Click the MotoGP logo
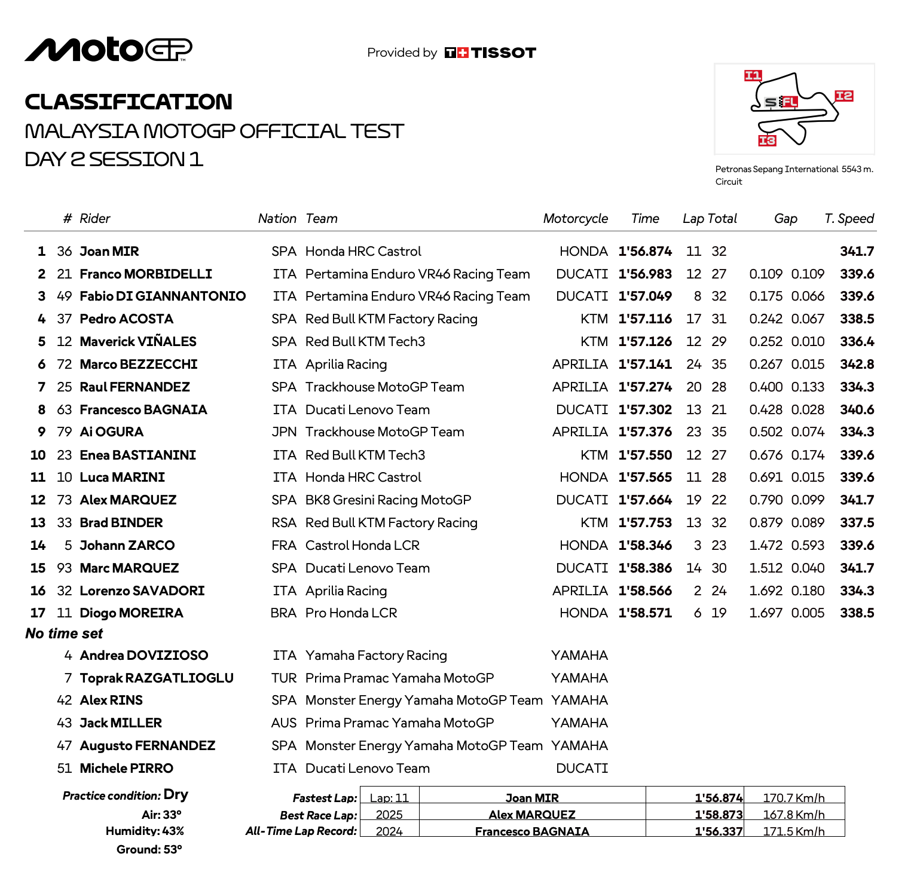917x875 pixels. pyautogui.click(x=108, y=50)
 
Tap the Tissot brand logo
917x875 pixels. pyautogui.click(x=490, y=53)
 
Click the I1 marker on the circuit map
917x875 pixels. pyautogui.click(x=753, y=75)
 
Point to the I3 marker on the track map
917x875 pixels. pyautogui.click(x=767, y=140)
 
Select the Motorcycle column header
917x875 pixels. pyautogui.click(x=575, y=219)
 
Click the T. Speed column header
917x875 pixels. pyautogui.click(x=849, y=219)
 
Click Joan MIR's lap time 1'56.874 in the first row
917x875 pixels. pyautogui.click(x=645, y=252)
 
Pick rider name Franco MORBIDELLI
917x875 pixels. pyautogui.click(x=146, y=274)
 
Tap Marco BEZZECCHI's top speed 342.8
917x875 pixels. pyautogui.click(x=857, y=365)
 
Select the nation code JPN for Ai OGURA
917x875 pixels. pyautogui.click(x=284, y=432)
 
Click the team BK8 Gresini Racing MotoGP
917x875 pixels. pyautogui.click(x=388, y=500)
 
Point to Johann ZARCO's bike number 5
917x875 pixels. pyautogui.click(x=68, y=546)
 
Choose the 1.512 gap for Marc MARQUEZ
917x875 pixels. pyautogui.click(x=766, y=568)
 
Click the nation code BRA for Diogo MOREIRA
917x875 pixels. pyautogui.click(x=283, y=613)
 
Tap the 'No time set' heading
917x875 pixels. pyautogui.click(x=64, y=634)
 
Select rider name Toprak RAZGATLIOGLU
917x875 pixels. pyautogui.click(x=157, y=678)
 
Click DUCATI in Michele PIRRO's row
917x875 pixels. pyautogui.click(x=582, y=769)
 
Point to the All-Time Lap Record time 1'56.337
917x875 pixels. pyautogui.click(x=719, y=831)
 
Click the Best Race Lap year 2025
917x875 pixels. pyautogui.click(x=389, y=815)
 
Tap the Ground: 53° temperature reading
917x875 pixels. pyautogui.click(x=149, y=849)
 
